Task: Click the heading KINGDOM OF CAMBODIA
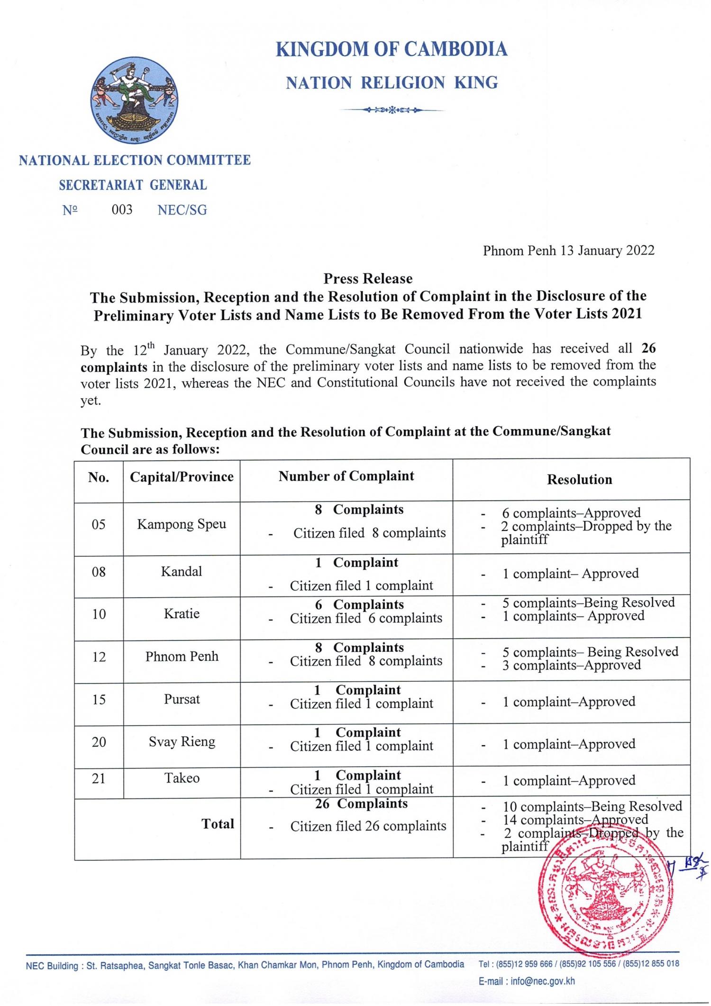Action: pos(391,49)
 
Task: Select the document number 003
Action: pos(122,210)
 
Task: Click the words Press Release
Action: pos(368,279)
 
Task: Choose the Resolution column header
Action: pos(579,480)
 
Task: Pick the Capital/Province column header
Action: pos(182,477)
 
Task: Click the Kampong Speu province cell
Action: pos(182,524)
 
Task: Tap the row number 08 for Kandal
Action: pos(99,572)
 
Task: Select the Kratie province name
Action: pos(182,613)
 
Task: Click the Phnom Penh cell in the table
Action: pos(182,657)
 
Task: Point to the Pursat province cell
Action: pos(182,699)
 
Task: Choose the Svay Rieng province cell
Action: pos(182,741)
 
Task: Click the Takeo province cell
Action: pos(182,778)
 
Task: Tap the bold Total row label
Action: pos(218,824)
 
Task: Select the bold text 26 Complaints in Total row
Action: pos(361,804)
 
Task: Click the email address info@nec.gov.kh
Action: pos(542,981)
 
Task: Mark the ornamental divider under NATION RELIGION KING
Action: pos(392,110)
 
